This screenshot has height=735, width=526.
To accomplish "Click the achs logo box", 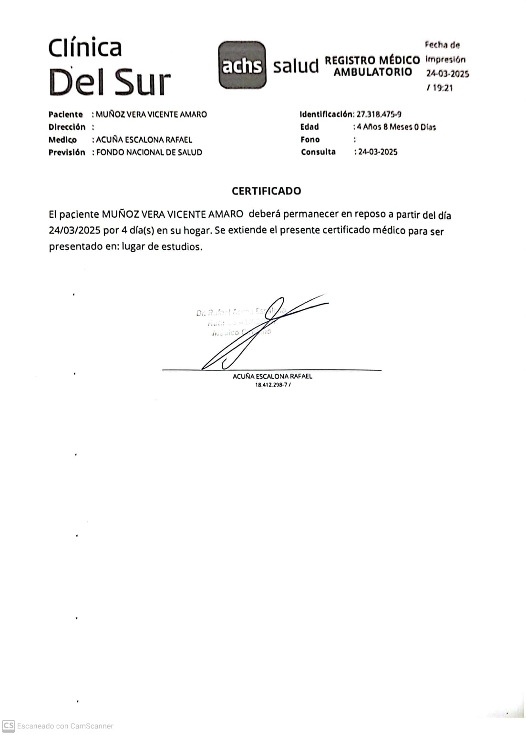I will pos(242,65).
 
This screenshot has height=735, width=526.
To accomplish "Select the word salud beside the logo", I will pos(296,66).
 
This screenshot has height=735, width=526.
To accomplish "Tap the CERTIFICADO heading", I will pos(266,191).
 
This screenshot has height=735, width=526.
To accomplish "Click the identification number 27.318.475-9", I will pos(379,114).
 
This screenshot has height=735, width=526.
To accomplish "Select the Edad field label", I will pos(309,127).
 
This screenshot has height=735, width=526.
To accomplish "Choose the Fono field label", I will pos(310,140).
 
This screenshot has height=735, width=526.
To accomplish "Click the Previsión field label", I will pos(67,153).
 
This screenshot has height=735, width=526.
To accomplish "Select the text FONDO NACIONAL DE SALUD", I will pos(149,153).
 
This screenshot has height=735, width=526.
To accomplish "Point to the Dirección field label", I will pos(67,127).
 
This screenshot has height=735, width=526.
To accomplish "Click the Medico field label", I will pos(62,140).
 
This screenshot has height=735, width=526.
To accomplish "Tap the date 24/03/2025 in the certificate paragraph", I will pos(74,230).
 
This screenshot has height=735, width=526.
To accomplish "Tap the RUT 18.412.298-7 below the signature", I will pos(271,385).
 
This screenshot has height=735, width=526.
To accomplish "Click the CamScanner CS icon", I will pos(9,726).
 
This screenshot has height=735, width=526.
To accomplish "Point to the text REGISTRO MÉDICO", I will pos(372,61).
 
